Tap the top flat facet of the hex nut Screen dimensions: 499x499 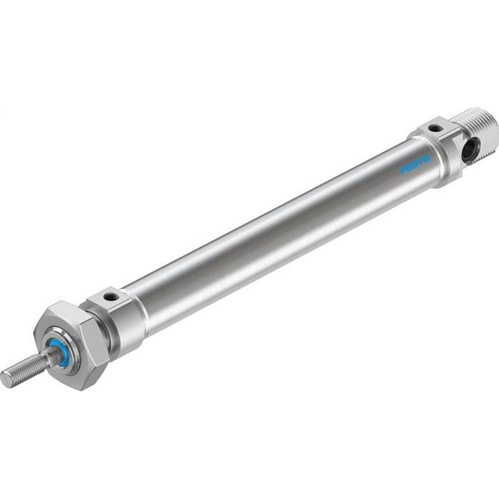coord(70,312)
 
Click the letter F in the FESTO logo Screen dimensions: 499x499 coord(403,171)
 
